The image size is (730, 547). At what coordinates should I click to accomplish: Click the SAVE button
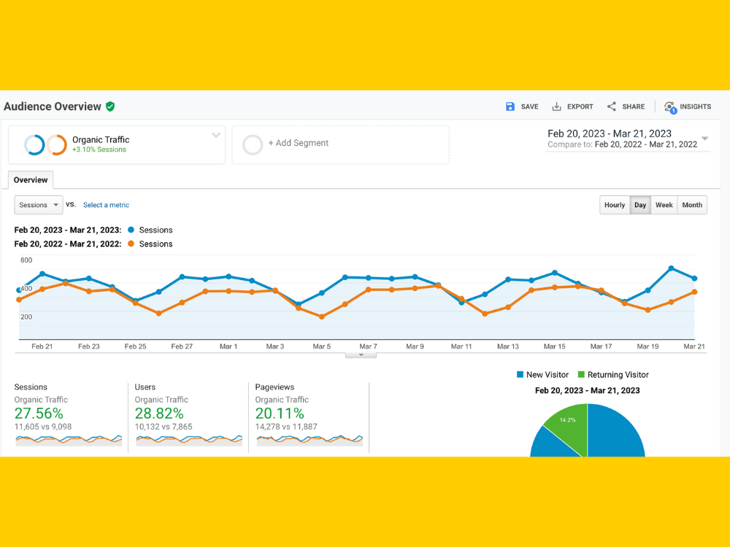[x=522, y=106]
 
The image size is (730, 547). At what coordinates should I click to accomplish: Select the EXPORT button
[x=572, y=106]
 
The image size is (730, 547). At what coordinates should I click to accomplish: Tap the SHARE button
[x=626, y=106]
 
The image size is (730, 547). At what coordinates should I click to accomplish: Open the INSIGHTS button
[x=688, y=107]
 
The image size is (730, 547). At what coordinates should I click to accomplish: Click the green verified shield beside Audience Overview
[x=110, y=106]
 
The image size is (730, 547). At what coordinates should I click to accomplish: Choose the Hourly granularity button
[x=615, y=205]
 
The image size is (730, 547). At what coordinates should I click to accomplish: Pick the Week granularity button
[x=664, y=205]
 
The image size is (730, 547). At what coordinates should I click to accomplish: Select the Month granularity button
[x=692, y=205]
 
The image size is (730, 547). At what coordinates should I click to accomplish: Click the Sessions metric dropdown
[x=39, y=205]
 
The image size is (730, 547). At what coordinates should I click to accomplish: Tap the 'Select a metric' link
[x=106, y=205]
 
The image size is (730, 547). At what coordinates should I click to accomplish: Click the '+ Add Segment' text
[x=299, y=143]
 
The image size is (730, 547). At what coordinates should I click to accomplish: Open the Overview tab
[x=31, y=180]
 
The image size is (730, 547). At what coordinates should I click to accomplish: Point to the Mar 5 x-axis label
[x=322, y=346]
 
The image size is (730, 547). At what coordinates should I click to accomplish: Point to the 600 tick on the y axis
[x=26, y=260]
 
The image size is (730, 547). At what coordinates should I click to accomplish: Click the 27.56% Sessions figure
[x=39, y=413]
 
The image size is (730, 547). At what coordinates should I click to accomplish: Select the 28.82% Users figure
[x=159, y=413]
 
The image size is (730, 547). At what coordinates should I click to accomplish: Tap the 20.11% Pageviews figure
[x=280, y=413]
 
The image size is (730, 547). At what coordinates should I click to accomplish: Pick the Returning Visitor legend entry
[x=613, y=375]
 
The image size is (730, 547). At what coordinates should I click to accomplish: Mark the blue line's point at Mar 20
[x=672, y=268]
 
